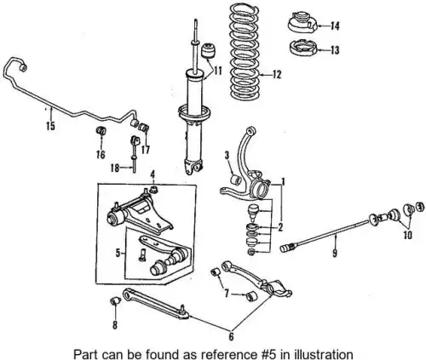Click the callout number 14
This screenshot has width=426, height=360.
pyautogui.click(x=335, y=26)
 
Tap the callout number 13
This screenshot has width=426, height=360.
pyautogui.click(x=335, y=50)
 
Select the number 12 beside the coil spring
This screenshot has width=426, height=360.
pyautogui.click(x=276, y=75)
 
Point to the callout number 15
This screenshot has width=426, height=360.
pyautogui.click(x=50, y=126)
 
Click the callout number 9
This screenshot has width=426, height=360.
pyautogui.click(x=335, y=253)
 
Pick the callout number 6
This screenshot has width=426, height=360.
pyautogui.click(x=231, y=336)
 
